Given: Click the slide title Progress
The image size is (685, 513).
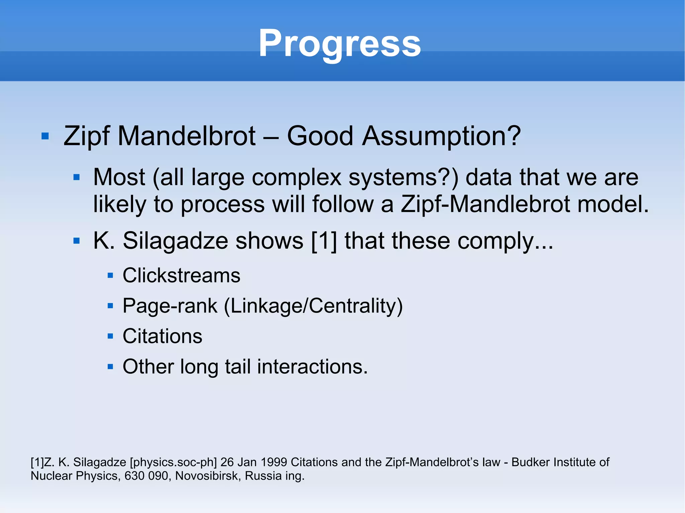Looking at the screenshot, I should click(339, 43).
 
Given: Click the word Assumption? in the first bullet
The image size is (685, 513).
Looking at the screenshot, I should click(441, 136).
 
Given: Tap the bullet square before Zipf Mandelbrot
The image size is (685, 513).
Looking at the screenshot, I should click(45, 136).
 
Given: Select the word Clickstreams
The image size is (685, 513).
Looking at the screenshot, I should click(181, 275).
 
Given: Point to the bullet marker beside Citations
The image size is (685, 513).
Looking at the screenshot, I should click(110, 336).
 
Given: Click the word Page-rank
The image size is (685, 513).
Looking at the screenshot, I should click(170, 306).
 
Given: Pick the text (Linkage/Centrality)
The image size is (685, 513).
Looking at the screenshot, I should click(313, 306).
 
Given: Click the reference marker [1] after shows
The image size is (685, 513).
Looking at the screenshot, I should click(324, 241).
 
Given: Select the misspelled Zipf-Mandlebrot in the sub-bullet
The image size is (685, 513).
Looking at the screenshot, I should click(485, 204).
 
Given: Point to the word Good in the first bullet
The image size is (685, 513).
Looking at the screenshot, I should click(320, 136).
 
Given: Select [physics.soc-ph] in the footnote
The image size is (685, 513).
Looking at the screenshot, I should click(173, 462).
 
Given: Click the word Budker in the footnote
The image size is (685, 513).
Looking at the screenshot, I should click(528, 462).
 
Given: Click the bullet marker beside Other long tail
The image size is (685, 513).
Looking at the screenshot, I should click(110, 367).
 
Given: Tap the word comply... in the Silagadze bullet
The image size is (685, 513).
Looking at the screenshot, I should click(505, 241).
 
